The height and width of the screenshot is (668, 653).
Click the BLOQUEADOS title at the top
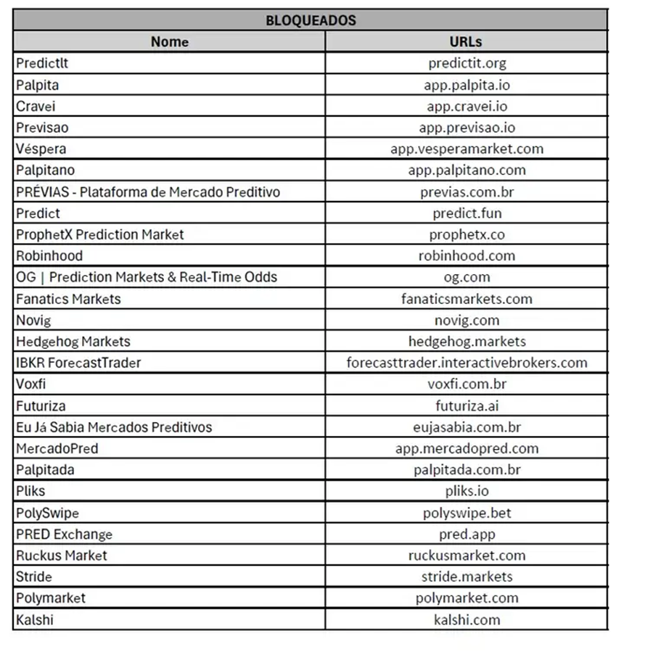311,20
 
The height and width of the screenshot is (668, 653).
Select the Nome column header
169,41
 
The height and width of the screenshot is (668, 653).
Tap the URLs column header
466,41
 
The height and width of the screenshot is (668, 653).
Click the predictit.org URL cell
467,63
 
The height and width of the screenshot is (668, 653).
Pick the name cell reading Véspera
41,149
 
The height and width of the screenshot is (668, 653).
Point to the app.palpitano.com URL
467,170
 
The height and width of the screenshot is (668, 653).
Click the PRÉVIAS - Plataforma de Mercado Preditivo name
147,192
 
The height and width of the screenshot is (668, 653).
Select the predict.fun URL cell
467,213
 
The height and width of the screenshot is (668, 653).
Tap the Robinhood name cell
49,256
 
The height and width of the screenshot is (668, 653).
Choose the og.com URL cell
467,277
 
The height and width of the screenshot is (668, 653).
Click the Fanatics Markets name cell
68,299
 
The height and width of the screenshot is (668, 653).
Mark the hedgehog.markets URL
467,341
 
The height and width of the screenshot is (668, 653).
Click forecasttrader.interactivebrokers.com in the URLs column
467,363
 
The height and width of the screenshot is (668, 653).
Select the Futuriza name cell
41,405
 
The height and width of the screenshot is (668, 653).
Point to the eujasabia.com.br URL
467,427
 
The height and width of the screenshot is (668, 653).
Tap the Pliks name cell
30,491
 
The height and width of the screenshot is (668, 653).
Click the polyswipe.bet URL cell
467,513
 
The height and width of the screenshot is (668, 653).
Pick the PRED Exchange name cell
64,535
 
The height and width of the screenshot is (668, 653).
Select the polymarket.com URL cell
467,598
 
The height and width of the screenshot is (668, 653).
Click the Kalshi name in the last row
34,620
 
